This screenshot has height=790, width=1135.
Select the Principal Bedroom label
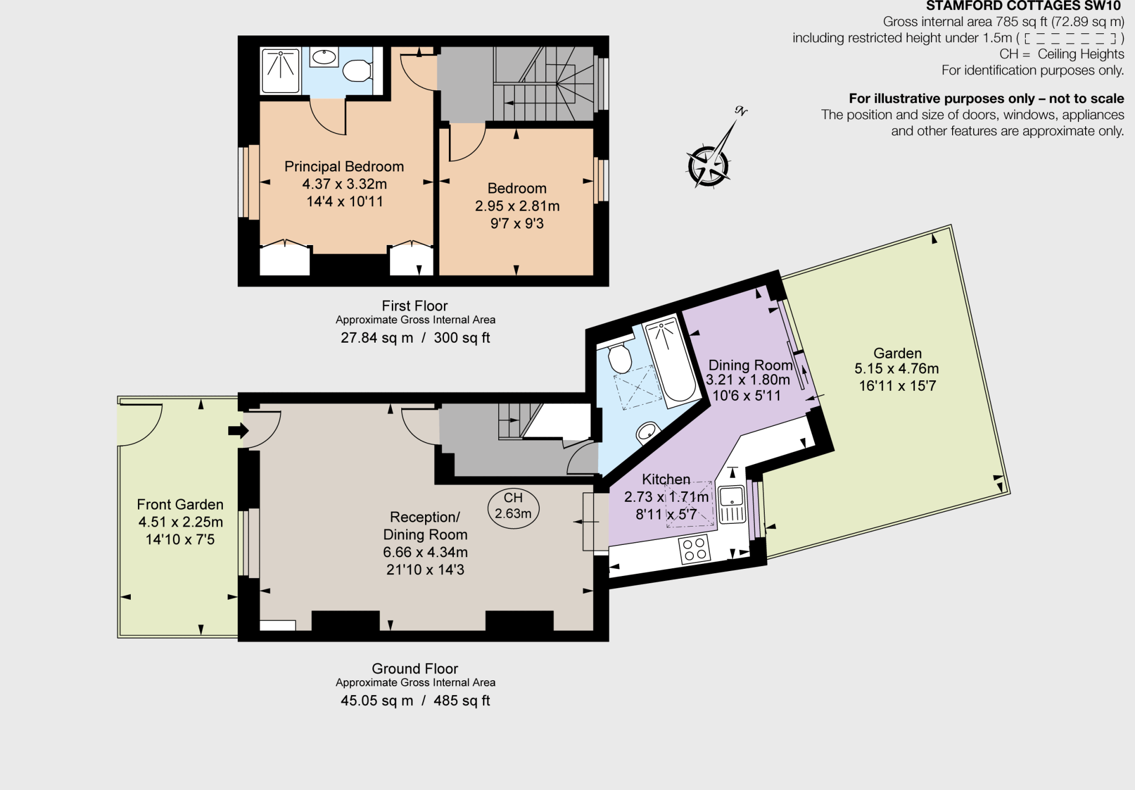tap(344, 166)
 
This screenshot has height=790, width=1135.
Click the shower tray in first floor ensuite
tap(280, 70)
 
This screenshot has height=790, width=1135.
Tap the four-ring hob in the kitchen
tap(694, 549)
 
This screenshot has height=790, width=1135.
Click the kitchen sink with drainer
tap(732, 504)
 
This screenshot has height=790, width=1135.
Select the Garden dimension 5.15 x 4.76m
tap(897, 369)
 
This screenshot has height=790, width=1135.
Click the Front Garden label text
tap(180, 504)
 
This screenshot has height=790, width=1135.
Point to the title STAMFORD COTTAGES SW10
tap(1023, 6)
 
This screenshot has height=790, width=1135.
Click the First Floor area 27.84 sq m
tap(377, 338)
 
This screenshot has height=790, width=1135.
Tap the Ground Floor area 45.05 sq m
tap(377, 701)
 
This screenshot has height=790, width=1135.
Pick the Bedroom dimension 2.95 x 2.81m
tap(517, 206)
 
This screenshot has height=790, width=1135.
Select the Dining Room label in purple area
tap(750, 365)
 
